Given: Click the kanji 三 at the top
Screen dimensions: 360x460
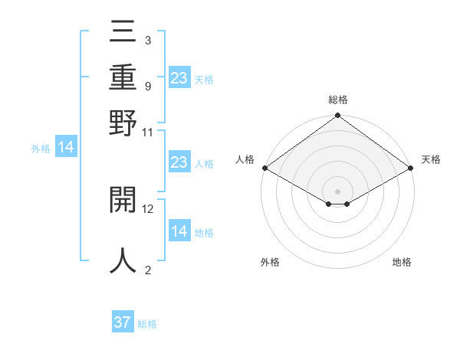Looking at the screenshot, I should click(123, 33).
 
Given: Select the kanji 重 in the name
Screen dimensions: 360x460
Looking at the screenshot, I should click(123, 77).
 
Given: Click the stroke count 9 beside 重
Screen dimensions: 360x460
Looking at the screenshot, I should click(147, 87).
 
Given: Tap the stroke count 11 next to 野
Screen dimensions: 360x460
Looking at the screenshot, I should click(148, 131).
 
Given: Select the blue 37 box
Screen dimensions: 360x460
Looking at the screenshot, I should click(123, 322).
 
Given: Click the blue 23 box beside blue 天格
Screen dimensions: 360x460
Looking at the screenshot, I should click(179, 77).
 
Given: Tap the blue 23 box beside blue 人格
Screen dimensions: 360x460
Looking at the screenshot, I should click(179, 162).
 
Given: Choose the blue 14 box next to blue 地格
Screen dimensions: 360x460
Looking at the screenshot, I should click(179, 231).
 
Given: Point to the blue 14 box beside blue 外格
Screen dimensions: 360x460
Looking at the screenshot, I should click(66, 148).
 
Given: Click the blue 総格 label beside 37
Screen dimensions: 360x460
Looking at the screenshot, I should click(147, 324).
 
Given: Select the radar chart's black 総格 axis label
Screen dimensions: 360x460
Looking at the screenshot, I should click(338, 100).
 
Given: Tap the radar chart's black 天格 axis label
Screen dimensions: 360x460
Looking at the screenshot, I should click(431, 159).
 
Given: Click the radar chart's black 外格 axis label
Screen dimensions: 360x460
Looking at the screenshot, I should click(270, 263).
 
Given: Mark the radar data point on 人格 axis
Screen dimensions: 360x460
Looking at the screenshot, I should click(264, 168).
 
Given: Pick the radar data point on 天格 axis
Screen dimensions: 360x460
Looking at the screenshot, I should click(411, 168).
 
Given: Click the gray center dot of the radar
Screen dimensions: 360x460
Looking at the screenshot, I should click(338, 191).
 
